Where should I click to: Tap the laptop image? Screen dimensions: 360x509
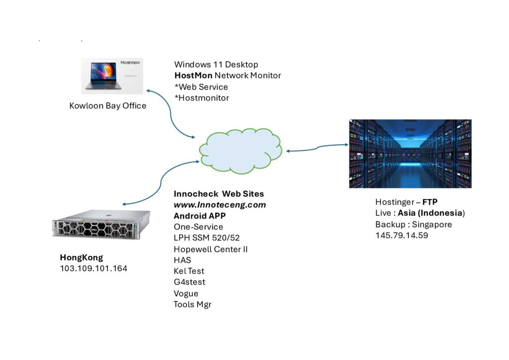coord(112,76)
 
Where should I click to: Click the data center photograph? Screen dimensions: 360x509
coord(410,154)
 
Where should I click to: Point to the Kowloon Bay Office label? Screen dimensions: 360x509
coord(108,106)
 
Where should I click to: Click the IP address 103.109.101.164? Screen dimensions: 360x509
coord(93,269)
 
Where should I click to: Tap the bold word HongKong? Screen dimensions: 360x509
coord(82,258)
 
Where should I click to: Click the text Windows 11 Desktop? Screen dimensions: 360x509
coord(216,65)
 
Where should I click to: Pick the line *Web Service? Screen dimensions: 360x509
coord(201,87)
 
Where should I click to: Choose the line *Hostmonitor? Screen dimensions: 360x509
coord(202,98)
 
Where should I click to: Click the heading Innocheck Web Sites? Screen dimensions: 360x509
coord(219,193)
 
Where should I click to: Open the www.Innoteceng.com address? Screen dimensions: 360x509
coord(220,205)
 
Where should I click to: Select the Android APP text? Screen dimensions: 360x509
coord(197,216)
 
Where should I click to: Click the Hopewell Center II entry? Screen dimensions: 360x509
coord(211,249)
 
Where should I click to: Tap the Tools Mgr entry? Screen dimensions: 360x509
coord(192,304)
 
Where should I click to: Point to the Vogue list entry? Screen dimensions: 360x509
coord(186,293)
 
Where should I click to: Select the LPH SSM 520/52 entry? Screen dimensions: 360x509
coord(207,238)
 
